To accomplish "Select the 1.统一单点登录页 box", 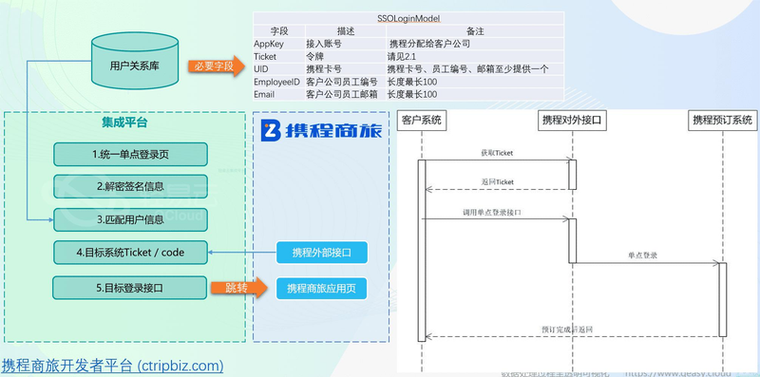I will [x=129, y=153].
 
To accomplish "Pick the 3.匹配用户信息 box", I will [x=129, y=218].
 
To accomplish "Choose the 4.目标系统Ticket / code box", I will [x=129, y=253].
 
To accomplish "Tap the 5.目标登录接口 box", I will [x=129, y=287].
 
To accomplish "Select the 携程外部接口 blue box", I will [x=321, y=253].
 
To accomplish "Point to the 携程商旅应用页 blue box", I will [x=321, y=287].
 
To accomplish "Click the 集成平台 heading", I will [x=124, y=123].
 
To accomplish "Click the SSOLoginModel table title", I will [x=408, y=18].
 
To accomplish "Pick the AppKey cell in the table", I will [x=270, y=44].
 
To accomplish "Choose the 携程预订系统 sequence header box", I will [x=722, y=121].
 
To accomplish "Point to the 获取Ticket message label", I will [x=496, y=153].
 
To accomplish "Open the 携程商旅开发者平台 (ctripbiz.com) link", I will [x=112, y=365].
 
